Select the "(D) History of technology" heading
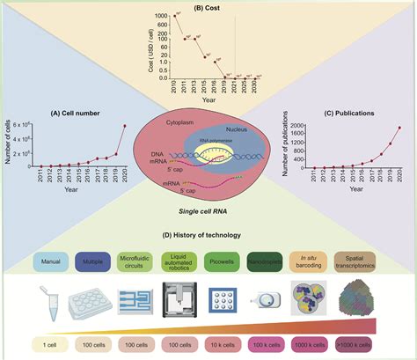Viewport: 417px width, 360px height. [208, 235]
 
